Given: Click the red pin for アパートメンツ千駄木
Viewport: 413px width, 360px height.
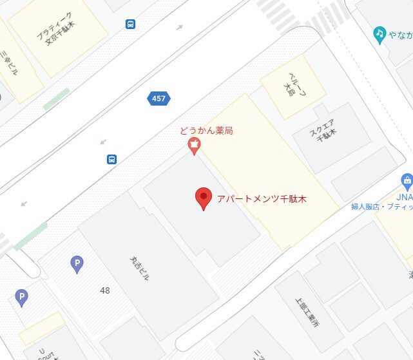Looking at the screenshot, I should coord(204,198).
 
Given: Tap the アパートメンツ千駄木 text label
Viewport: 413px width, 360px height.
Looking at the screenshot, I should coord(262,199).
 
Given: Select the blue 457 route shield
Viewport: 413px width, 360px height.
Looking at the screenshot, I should coord(158,99).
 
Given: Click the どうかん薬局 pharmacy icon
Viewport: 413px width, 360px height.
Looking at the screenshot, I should coord(193,148).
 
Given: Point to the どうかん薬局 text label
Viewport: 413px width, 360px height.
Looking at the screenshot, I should coord(206,131).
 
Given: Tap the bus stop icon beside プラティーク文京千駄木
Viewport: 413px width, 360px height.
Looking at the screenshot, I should coord(131,24).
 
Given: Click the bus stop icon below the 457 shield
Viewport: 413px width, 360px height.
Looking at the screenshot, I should coord(111,159).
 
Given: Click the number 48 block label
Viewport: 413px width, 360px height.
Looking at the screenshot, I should coord(105,290).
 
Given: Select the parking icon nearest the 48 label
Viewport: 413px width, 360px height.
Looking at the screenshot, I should coord(77,263).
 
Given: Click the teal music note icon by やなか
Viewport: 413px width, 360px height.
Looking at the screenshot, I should coord(380,33).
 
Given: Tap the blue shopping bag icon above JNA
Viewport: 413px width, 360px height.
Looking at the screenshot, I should coord(406,180).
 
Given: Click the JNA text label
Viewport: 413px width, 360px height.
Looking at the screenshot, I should coord(404,196).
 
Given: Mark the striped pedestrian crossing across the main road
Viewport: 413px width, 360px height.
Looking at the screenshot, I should coord(283,10).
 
